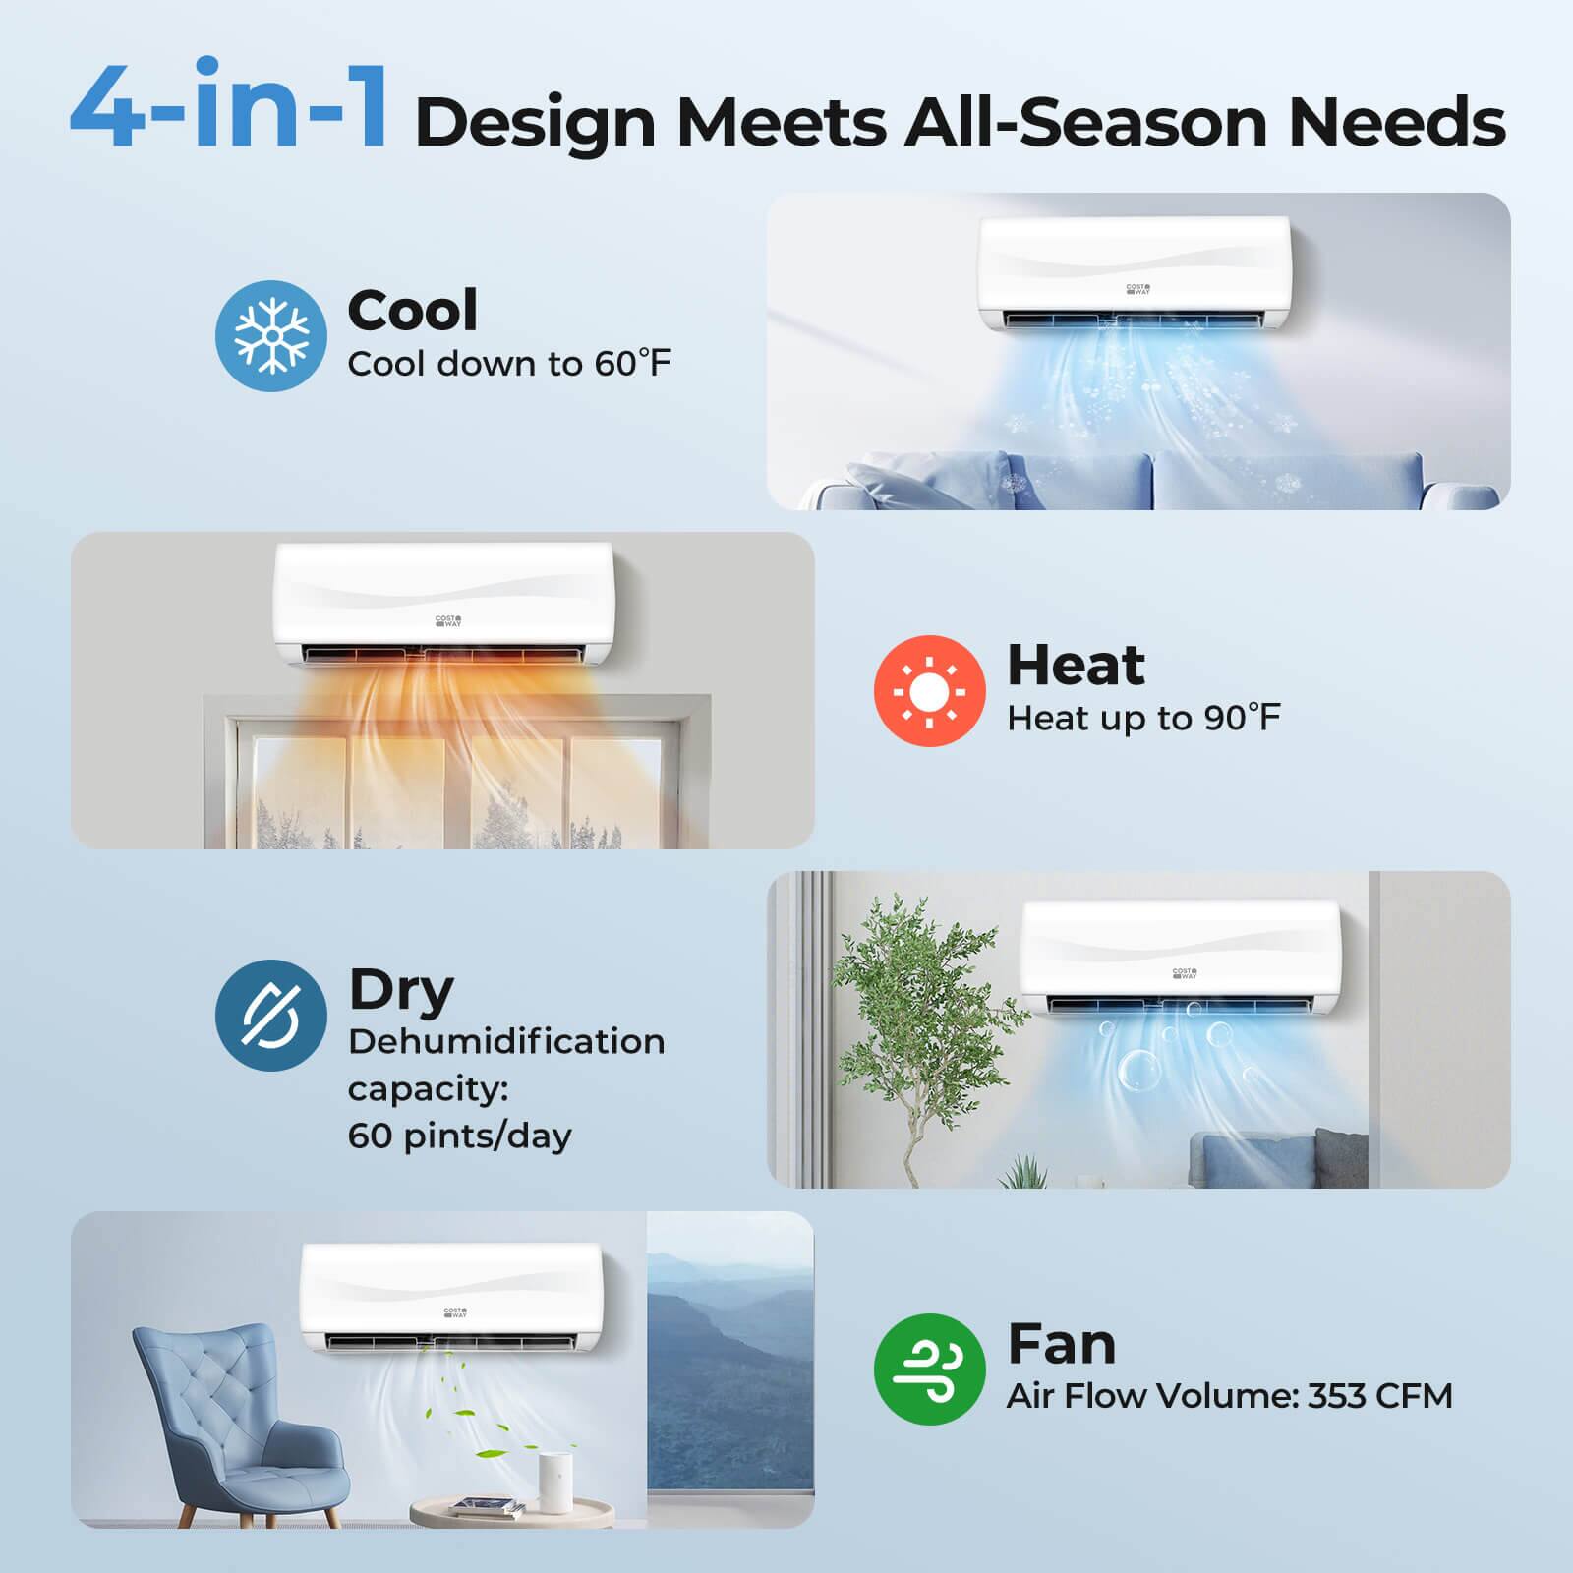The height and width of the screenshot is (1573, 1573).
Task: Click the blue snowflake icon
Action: (x=270, y=336)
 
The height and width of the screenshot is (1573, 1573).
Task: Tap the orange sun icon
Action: (x=929, y=690)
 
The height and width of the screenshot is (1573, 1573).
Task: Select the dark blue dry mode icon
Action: (x=270, y=1015)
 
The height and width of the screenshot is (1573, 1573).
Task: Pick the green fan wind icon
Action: (x=929, y=1369)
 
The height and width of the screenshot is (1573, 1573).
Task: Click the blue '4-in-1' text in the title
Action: (x=228, y=106)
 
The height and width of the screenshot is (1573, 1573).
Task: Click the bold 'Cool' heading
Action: (x=413, y=310)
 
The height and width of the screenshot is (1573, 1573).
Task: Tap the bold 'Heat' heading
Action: (x=1077, y=665)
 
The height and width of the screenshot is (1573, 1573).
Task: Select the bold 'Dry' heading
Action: (x=401, y=991)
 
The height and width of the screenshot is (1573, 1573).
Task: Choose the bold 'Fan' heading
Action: (x=1062, y=1343)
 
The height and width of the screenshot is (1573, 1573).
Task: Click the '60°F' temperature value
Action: (x=631, y=364)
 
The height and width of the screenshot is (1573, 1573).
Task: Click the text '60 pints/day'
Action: (x=459, y=1136)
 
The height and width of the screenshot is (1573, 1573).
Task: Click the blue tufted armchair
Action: (x=236, y=1416)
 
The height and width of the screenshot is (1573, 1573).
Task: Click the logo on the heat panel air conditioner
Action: (x=448, y=622)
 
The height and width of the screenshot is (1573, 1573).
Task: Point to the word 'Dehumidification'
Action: (x=506, y=1041)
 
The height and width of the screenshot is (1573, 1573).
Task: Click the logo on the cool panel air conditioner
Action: (x=1138, y=290)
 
